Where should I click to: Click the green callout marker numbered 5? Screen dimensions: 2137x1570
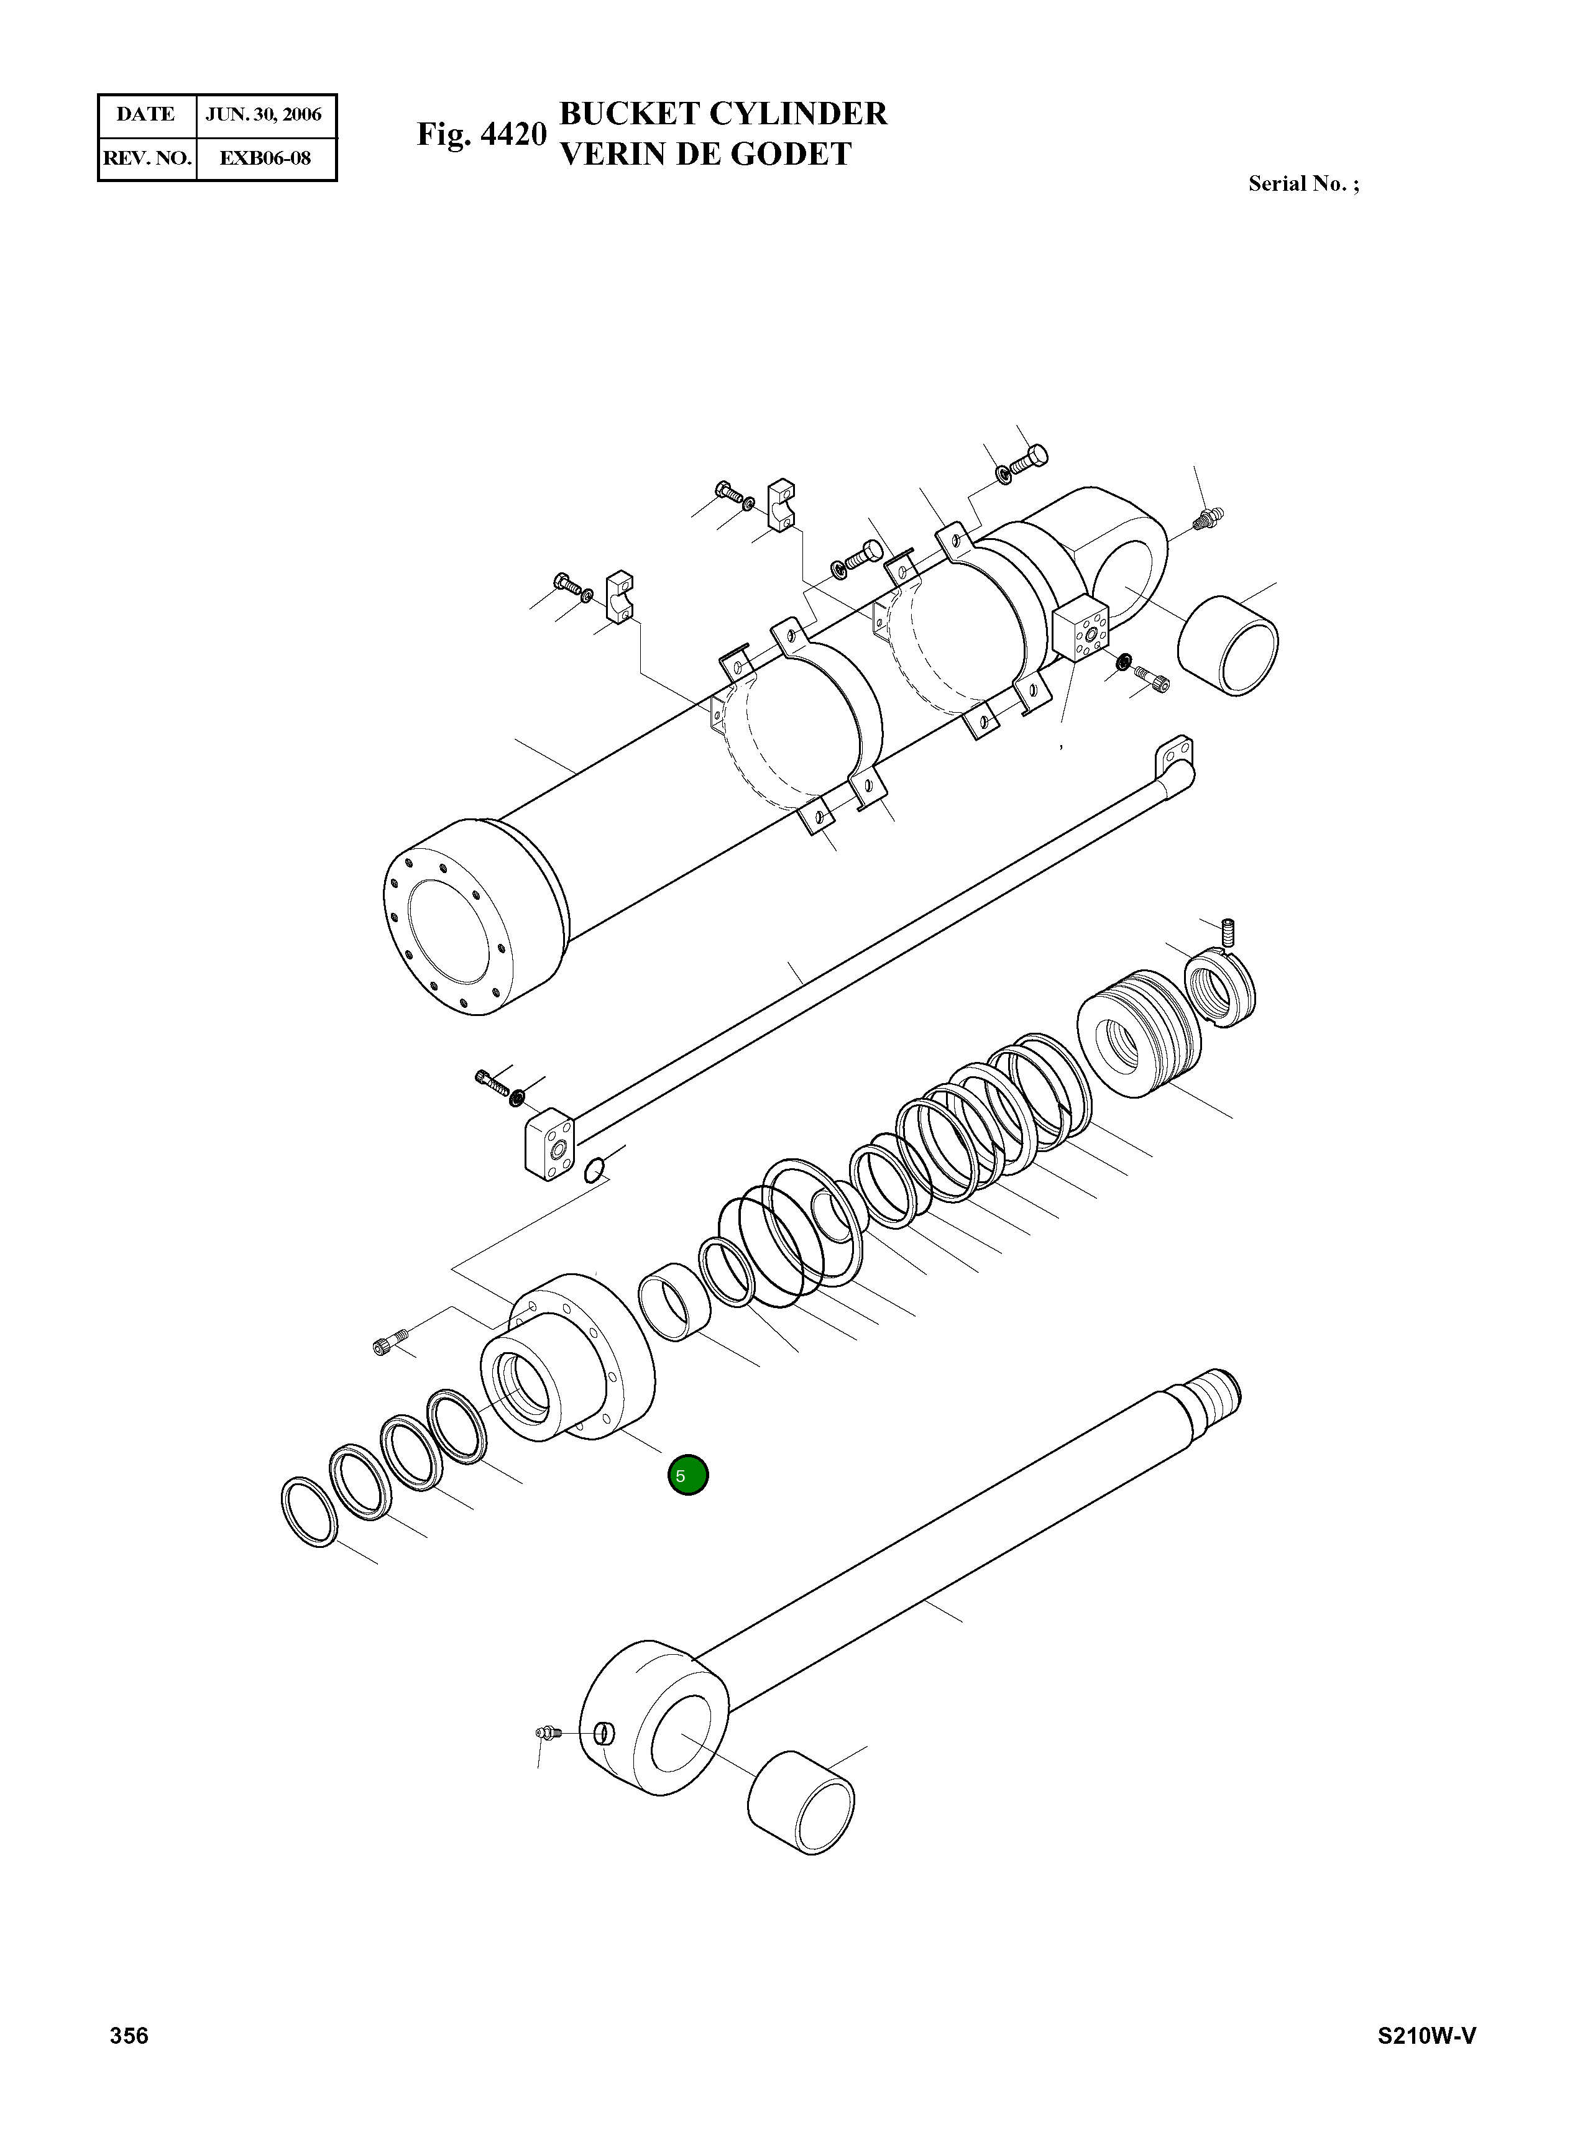click(688, 1476)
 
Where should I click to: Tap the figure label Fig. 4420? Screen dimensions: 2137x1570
click(482, 135)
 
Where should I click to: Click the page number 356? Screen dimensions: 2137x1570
click(129, 2034)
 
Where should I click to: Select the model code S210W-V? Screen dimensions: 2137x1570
click(1426, 2034)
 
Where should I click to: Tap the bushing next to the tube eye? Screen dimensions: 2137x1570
click(1228, 646)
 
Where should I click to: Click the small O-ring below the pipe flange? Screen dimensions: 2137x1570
click(594, 1171)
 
